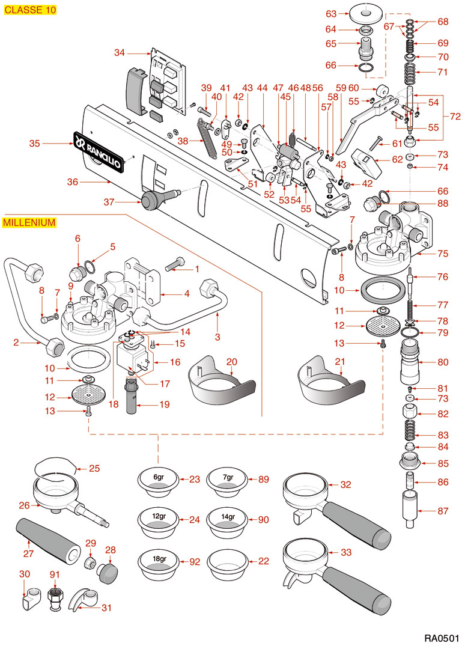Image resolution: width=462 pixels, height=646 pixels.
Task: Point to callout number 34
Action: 120,53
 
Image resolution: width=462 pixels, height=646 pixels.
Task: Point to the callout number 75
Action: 443,254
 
